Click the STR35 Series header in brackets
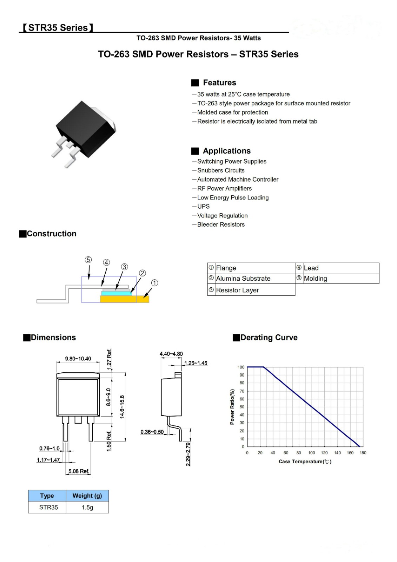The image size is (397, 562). tap(58, 28)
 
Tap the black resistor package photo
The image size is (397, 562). tap(84, 131)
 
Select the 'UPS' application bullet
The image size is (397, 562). tap(203, 207)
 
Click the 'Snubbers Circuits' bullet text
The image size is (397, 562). tap(220, 170)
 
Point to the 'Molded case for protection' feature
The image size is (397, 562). tap(232, 112)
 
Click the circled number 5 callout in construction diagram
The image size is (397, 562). tap(88, 260)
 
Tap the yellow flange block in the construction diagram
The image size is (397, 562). tap(124, 299)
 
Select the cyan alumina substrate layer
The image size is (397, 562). tap(117, 293)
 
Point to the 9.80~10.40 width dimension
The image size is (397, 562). tap(78, 359)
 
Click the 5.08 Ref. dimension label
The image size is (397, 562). tap(79, 471)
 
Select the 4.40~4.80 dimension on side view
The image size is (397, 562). tap(171, 354)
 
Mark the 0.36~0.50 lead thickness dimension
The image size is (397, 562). tap(152, 432)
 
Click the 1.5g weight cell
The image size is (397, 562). tap(87, 507)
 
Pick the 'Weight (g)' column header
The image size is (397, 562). tap(87, 496)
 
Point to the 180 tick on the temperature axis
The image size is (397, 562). tap(363, 453)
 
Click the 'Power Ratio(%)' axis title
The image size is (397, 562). tap(232, 407)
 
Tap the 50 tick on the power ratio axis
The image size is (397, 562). tap(242, 407)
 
